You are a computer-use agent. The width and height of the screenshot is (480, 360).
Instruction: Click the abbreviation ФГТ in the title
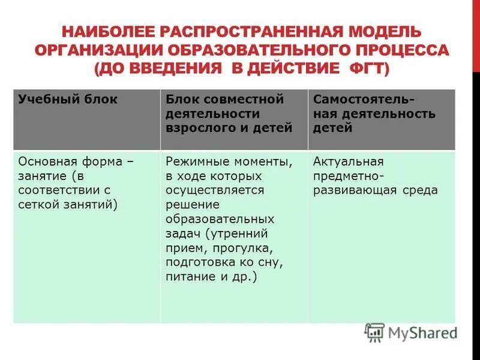(x=368, y=70)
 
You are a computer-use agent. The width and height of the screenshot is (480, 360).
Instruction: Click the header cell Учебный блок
(x=68, y=100)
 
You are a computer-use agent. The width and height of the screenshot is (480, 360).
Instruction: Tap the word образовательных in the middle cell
(x=220, y=219)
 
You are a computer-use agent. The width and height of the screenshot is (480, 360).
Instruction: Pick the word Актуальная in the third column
(x=348, y=161)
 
